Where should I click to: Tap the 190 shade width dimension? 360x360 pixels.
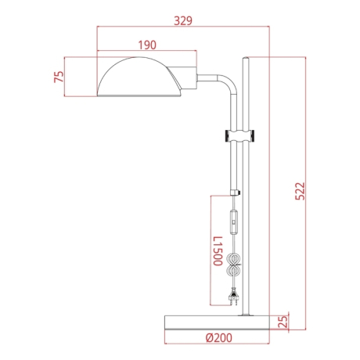146,45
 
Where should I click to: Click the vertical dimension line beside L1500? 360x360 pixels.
211,250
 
